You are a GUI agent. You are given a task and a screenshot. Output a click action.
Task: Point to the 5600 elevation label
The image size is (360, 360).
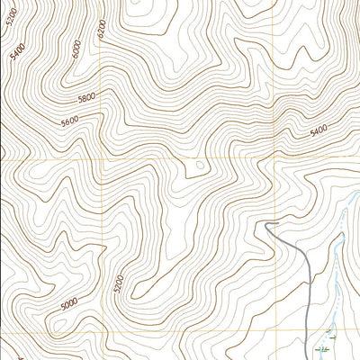[71, 121]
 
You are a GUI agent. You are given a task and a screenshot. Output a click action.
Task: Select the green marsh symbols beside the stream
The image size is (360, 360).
[325, 346]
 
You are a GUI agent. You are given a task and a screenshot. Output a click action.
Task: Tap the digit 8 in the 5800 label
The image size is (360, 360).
[84, 98]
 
